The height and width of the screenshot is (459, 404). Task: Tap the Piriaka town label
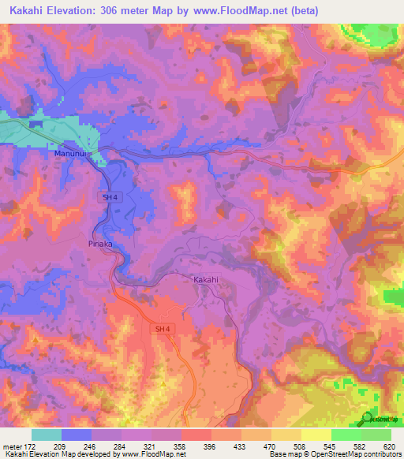point(99,244)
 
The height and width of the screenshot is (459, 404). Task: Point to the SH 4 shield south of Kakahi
point(161,328)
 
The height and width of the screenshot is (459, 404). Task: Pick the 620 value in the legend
point(389,446)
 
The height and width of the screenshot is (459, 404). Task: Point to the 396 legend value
point(210,446)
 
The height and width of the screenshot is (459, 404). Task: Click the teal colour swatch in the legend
point(47,435)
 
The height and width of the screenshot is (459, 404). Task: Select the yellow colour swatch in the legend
point(316,435)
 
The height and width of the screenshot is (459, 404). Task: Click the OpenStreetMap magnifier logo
point(366,418)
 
